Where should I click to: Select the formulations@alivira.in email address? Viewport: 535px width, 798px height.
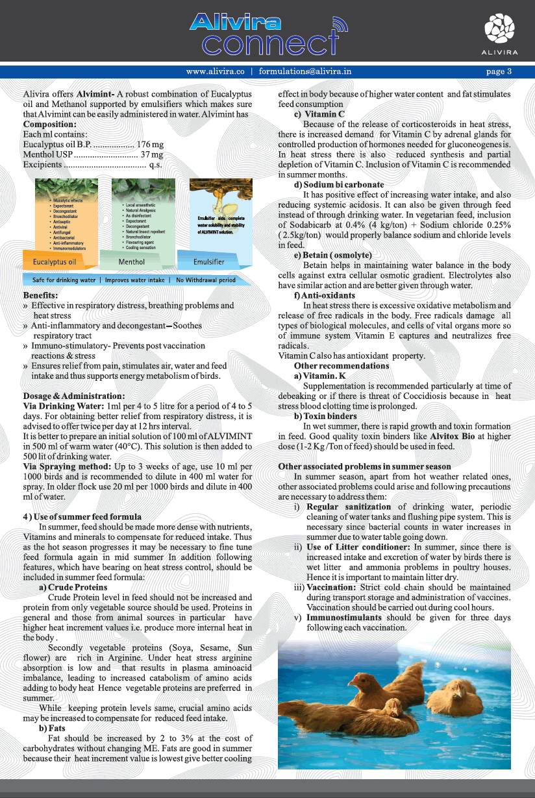pos(305,71)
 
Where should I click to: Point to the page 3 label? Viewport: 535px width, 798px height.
pos(499,71)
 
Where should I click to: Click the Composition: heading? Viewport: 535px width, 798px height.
pos(50,124)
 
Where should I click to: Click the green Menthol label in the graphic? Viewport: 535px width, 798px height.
pos(132,261)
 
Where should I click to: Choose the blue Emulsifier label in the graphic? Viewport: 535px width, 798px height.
pos(209,261)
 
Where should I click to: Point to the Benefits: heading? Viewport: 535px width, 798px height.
pos(40,295)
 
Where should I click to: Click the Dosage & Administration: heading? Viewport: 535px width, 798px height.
pos(74,396)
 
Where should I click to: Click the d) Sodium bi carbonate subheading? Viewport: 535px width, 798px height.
pos(339,185)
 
